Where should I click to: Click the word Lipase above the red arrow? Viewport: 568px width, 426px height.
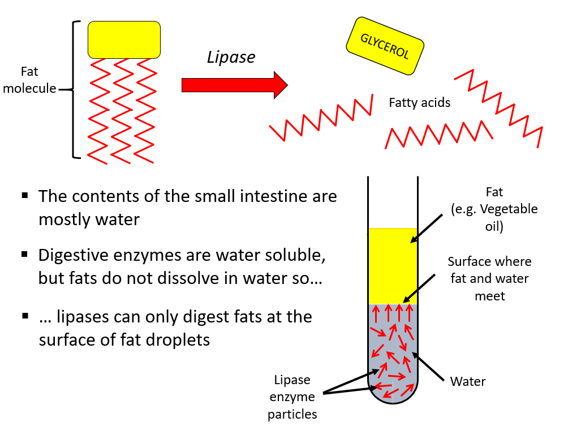click(x=231, y=57)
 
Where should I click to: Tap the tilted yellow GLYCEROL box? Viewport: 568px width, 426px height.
click(x=385, y=46)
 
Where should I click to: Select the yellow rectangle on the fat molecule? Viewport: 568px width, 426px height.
click(x=124, y=40)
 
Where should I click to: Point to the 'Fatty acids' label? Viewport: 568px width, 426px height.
click(x=419, y=102)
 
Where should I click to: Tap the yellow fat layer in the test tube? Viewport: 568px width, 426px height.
click(x=393, y=266)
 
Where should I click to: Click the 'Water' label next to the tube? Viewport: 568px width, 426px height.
click(x=467, y=381)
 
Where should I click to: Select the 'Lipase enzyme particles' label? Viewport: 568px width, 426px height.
click(x=292, y=397)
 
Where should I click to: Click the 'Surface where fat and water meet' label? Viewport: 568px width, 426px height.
click(x=489, y=279)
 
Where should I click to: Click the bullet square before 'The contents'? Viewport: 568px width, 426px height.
click(x=25, y=196)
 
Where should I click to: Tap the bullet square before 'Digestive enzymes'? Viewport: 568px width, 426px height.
click(x=25, y=255)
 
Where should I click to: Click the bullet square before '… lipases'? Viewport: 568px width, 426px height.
click(x=25, y=315)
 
